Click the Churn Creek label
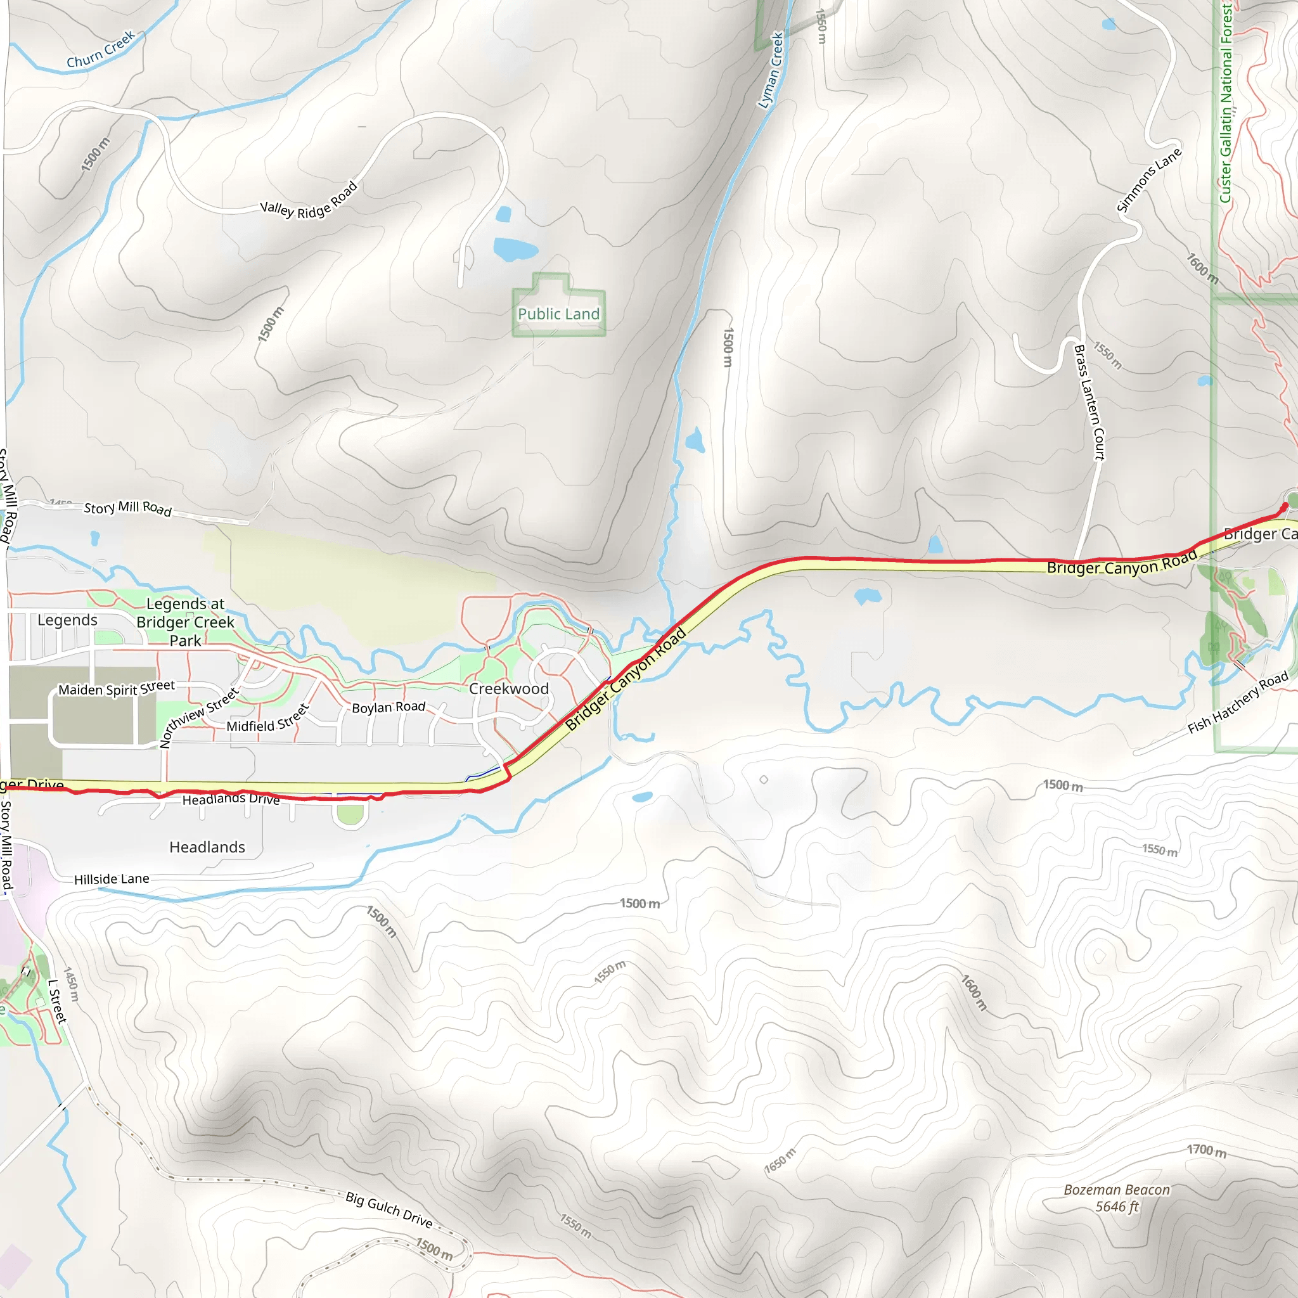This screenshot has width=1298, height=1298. point(101,49)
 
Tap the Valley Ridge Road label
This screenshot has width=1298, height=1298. point(309,202)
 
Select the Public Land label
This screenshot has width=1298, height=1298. point(558,314)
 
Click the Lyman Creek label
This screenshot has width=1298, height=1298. point(771,70)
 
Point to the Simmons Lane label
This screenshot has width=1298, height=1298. point(1149,180)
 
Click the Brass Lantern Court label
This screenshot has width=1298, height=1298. point(1089,402)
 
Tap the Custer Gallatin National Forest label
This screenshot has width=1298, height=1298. point(1226,101)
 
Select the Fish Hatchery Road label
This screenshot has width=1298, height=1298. point(1238,703)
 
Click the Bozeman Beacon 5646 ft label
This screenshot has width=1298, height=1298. point(1117,1198)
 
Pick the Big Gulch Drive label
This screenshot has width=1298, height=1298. point(389,1209)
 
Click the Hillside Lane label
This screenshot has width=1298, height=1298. point(112,879)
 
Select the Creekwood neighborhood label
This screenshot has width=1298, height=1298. point(508,689)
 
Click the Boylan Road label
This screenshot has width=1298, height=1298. point(389,707)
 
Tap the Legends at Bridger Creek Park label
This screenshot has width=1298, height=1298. point(186,622)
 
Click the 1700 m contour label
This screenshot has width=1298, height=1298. point(1207,1151)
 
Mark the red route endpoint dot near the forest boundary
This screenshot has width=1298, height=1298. point(1285,505)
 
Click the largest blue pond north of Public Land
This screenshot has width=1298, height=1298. point(515,249)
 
